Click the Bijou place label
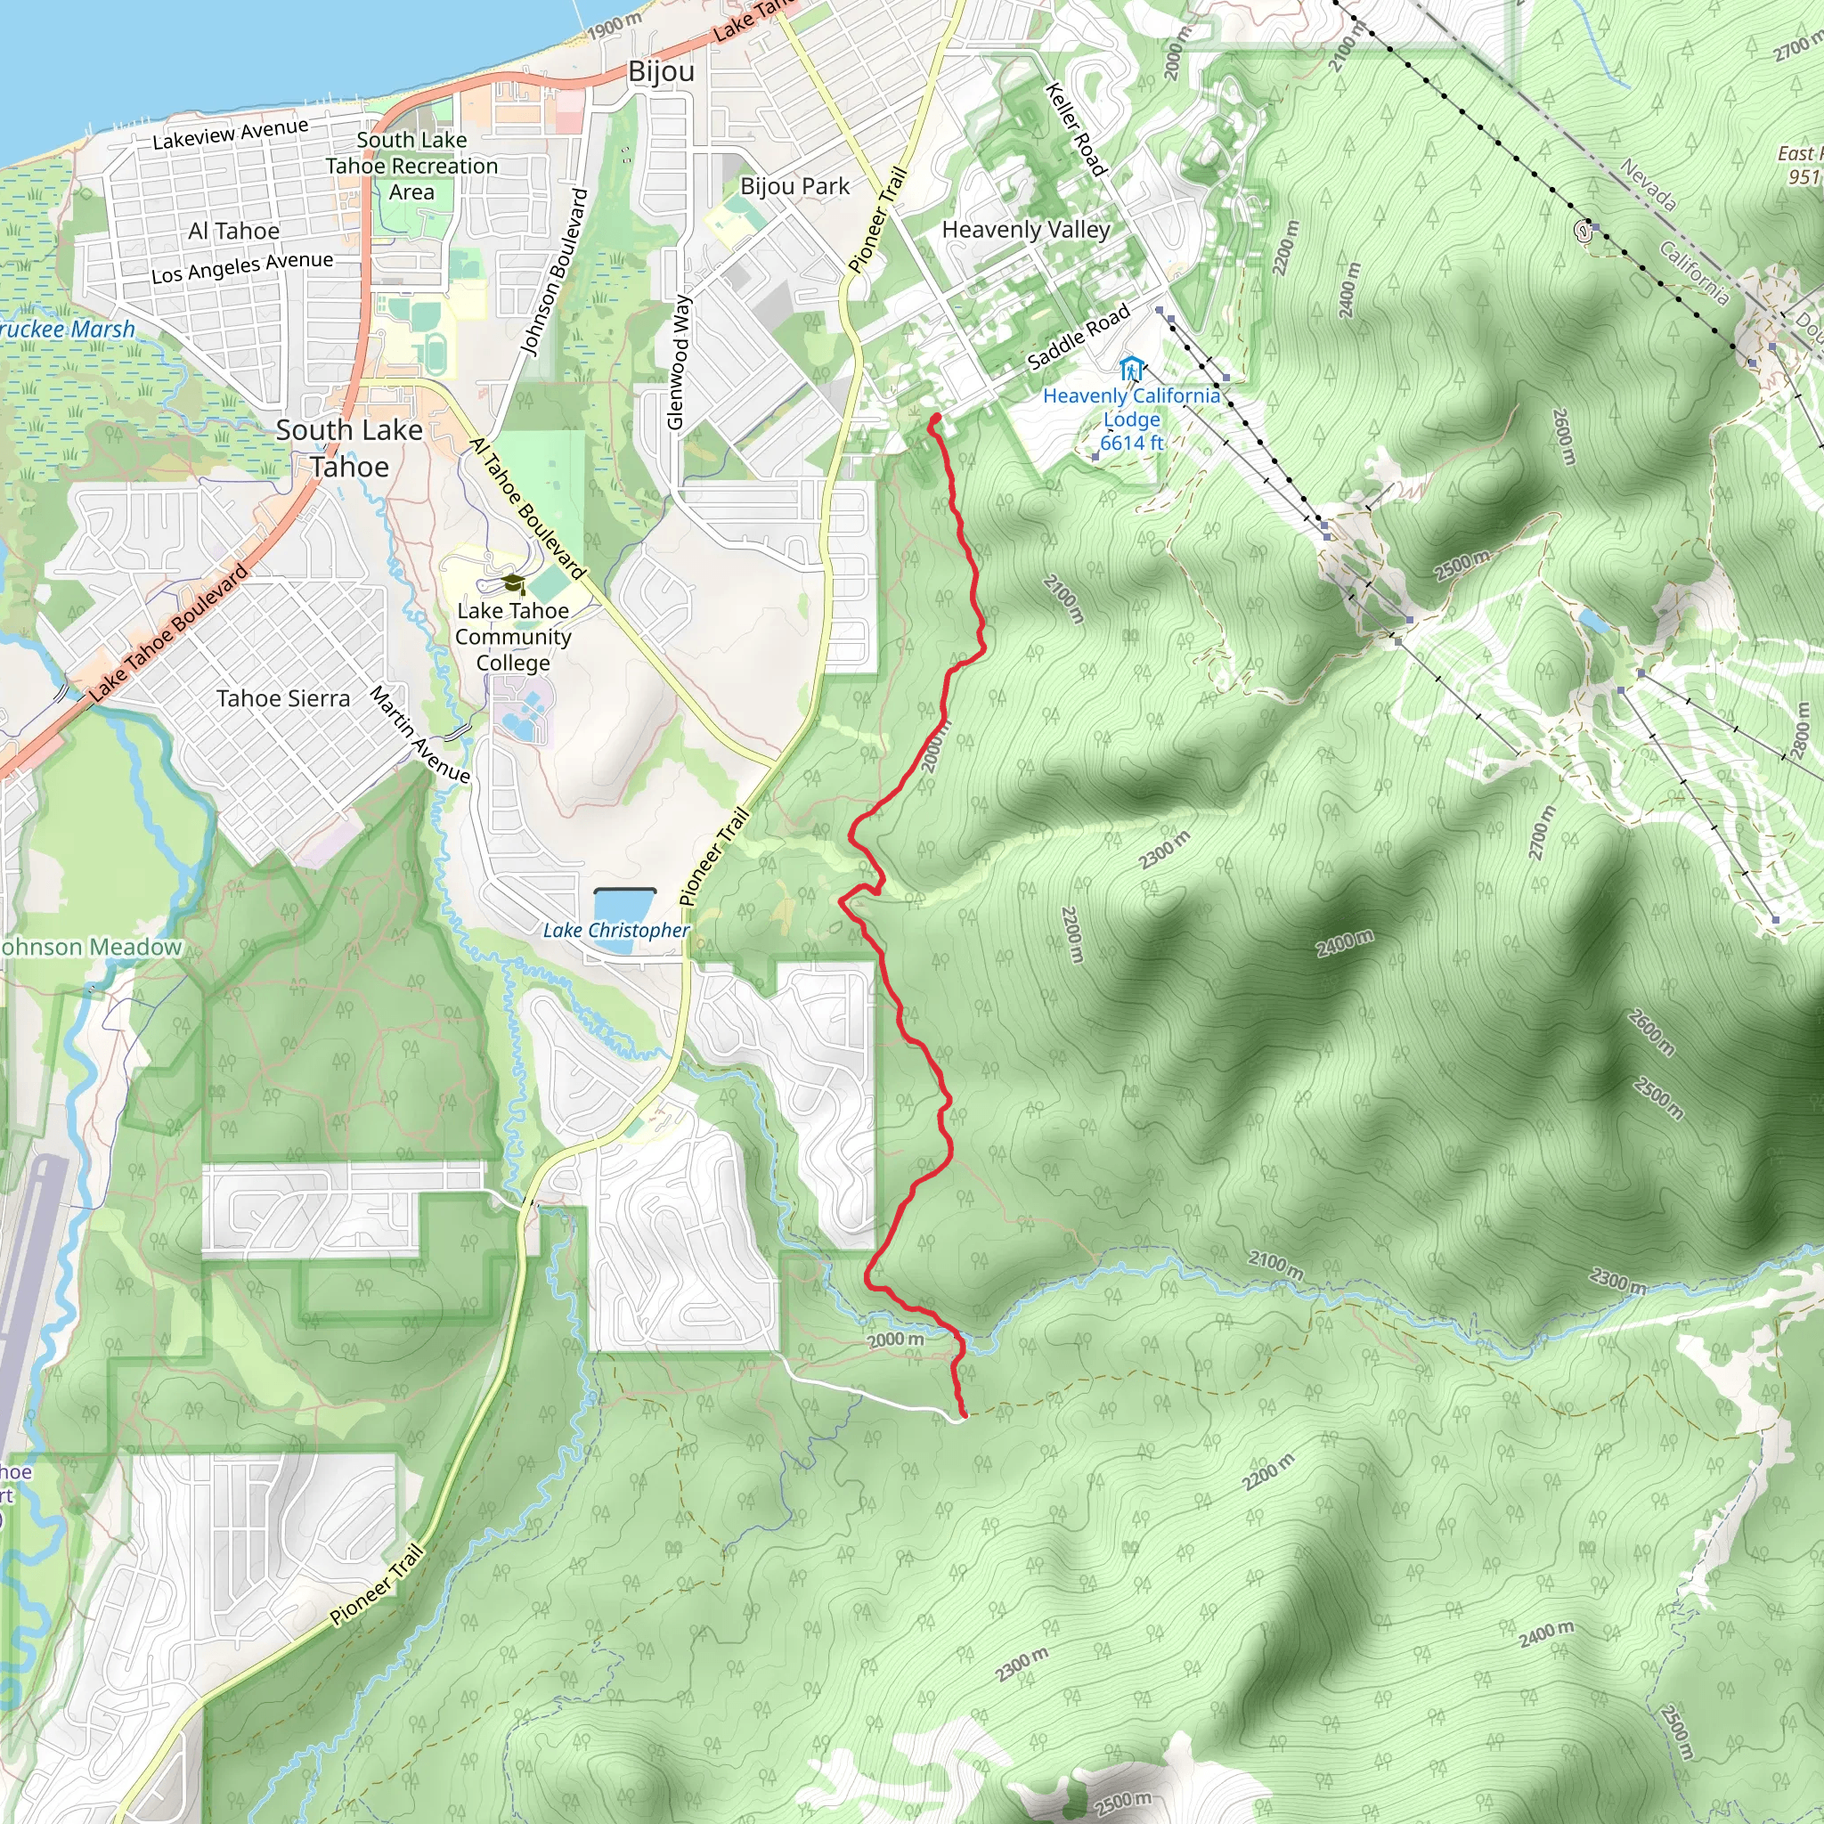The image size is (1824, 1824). click(661, 72)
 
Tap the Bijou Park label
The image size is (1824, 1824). click(795, 186)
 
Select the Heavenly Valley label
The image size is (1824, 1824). click(1026, 230)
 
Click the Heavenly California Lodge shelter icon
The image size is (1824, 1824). click(1131, 368)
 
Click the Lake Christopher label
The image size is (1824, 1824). click(615, 930)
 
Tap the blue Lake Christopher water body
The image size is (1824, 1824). click(624, 906)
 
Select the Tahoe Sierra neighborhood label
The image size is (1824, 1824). click(283, 698)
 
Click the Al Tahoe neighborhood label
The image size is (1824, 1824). click(234, 232)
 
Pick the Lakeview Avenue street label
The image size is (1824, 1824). click(231, 134)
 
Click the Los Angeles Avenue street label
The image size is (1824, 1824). click(242, 267)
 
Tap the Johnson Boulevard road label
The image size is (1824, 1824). click(554, 273)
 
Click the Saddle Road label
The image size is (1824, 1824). click(1079, 337)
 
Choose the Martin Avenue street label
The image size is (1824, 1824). click(419, 735)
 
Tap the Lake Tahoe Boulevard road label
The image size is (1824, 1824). click(169, 632)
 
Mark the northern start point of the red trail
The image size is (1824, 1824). click(936, 419)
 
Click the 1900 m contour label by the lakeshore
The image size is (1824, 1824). click(615, 27)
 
